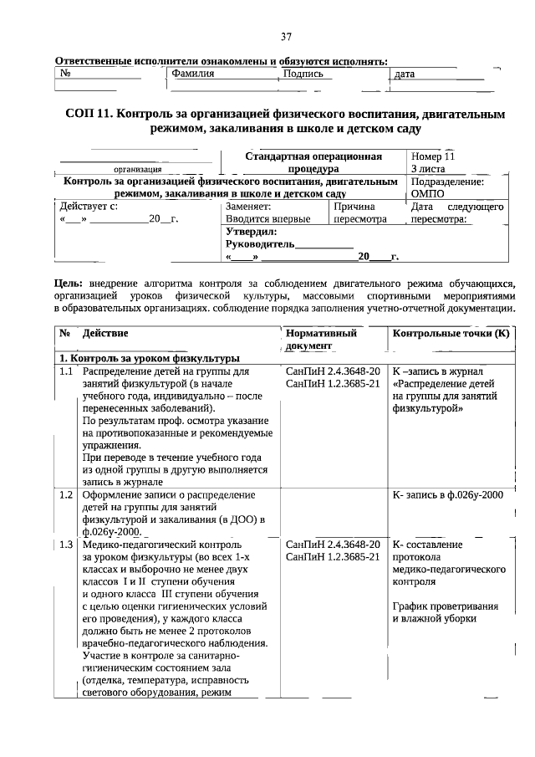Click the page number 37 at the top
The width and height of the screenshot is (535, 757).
click(x=286, y=37)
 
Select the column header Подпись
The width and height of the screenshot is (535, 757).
click(x=303, y=74)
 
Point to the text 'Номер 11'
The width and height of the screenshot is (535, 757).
click(x=433, y=156)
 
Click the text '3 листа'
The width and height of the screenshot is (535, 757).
click(x=428, y=169)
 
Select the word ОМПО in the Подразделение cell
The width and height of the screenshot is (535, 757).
click(x=428, y=193)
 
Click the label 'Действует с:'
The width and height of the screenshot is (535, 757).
click(x=84, y=206)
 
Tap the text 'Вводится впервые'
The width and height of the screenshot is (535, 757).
click(x=267, y=219)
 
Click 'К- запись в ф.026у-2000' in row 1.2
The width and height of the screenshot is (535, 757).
click(x=447, y=495)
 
